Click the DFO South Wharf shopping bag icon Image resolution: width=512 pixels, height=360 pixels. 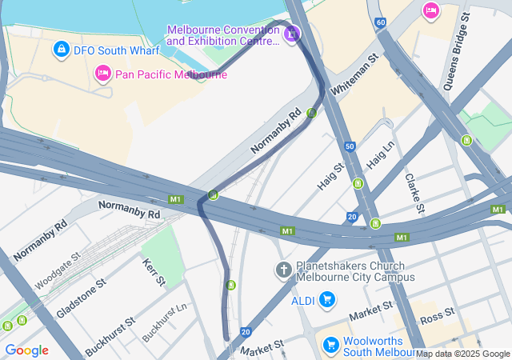click(x=61, y=50)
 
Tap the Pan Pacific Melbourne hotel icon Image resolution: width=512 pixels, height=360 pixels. click(x=102, y=74)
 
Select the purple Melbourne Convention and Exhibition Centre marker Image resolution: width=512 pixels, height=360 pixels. click(x=292, y=34)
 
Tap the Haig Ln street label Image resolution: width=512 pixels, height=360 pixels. click(x=381, y=155)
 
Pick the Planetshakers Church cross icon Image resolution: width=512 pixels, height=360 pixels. click(x=283, y=270)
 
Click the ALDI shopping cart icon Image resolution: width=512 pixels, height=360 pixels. click(x=326, y=300)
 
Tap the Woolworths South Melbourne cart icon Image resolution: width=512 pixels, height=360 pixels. click(x=330, y=345)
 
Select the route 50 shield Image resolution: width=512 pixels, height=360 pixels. click(x=350, y=146)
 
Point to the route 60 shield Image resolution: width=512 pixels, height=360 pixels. click(x=381, y=22)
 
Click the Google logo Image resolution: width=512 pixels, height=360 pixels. click(x=26, y=350)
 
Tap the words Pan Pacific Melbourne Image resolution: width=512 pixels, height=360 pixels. click(x=171, y=74)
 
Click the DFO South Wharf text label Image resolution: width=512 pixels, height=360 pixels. click(x=117, y=50)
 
